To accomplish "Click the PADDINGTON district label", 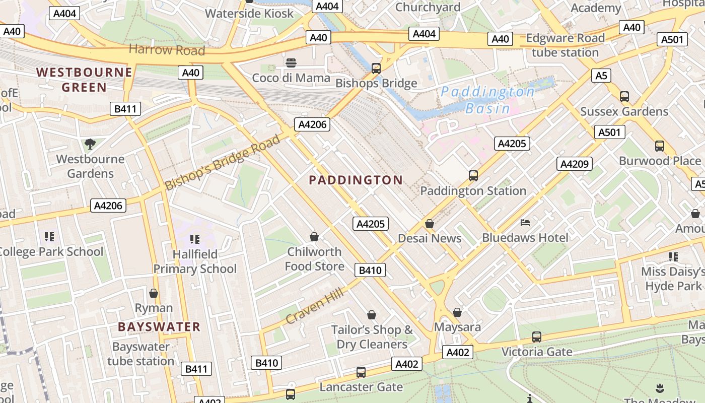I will click(x=356, y=180).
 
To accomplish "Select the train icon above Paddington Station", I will click(x=473, y=176).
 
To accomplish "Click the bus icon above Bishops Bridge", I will click(x=376, y=68).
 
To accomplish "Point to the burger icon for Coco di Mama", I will click(x=291, y=63).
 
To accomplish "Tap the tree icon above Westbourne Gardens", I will click(x=90, y=144).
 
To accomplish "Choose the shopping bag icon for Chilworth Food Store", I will click(x=314, y=237).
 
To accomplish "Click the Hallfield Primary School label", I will click(x=195, y=261).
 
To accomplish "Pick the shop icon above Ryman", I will click(x=154, y=293).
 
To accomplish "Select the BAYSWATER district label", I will click(x=159, y=326).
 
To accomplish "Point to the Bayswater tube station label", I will click(x=140, y=354).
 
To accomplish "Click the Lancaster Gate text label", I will click(x=361, y=387).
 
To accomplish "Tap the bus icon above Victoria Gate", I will click(x=537, y=337).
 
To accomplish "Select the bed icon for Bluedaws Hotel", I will click(x=525, y=222).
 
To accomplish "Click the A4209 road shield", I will click(x=574, y=164).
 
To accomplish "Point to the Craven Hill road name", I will click(x=315, y=306).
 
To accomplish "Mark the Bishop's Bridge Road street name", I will click(x=223, y=162).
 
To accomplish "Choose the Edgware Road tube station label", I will click(x=565, y=45).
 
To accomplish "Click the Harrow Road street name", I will click(x=167, y=50).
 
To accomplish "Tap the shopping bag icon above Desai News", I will click(x=430, y=224).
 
